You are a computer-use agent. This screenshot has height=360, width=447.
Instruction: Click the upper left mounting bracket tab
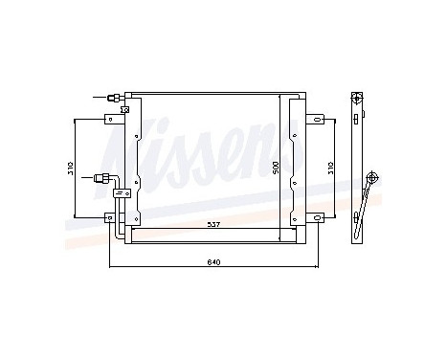click(x=112, y=119)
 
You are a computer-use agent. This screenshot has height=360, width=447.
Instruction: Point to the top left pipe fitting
click(x=114, y=97)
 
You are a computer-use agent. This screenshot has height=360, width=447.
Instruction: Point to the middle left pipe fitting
click(x=104, y=177)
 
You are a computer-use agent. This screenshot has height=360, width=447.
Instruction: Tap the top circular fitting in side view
click(x=357, y=98)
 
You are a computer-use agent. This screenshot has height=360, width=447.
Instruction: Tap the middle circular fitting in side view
click(x=372, y=177)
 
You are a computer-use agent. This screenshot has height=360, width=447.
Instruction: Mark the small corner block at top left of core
click(x=129, y=94)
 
